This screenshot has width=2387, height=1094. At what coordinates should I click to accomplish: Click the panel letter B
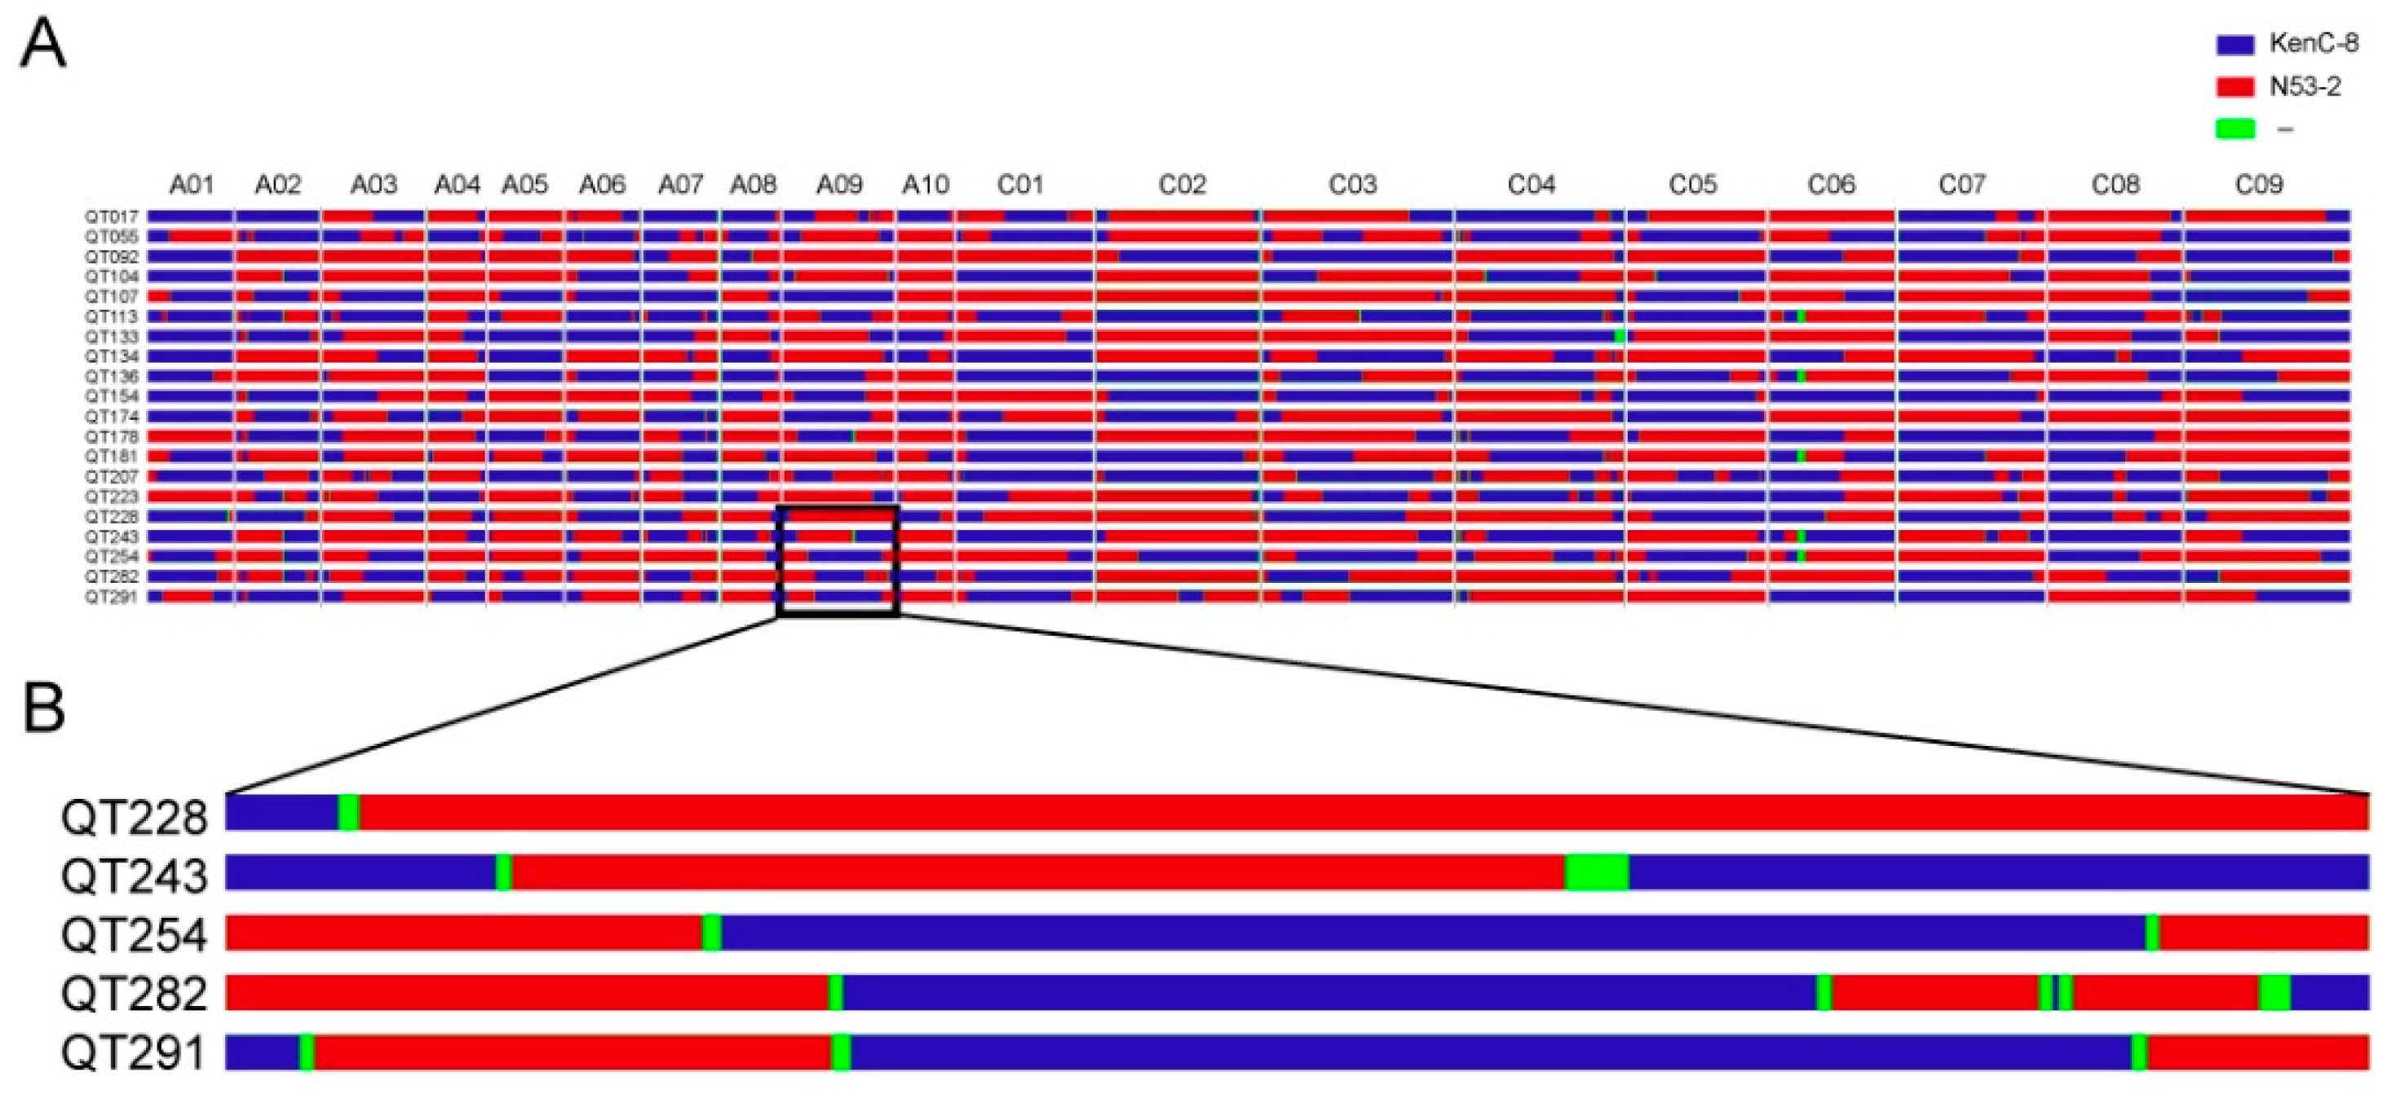point(42,708)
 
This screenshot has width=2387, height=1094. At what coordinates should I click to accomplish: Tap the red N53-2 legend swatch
point(2234,87)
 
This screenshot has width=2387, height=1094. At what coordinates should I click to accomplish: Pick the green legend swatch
point(2234,129)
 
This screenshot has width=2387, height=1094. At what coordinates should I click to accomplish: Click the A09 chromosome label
point(838,185)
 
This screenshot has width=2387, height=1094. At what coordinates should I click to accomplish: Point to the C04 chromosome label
point(1531,185)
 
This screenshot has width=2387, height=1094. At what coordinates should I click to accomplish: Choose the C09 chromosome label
point(2258,185)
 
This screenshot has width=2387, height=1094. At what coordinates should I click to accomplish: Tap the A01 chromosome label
point(192,185)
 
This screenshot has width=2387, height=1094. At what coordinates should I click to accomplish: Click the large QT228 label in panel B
point(134,817)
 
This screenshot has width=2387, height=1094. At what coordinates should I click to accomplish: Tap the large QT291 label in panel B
point(134,1053)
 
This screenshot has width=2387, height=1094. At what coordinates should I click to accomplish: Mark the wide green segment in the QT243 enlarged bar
point(1597,872)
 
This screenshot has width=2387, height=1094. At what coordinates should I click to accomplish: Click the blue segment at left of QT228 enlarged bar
point(281,813)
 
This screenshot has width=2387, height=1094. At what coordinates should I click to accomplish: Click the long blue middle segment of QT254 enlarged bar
point(1427,932)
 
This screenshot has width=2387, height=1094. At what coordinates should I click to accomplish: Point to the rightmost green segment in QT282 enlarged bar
point(2274,992)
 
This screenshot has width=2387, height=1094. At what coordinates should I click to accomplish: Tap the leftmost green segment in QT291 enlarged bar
point(306,1052)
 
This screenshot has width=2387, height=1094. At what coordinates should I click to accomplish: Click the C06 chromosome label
point(1831,185)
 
